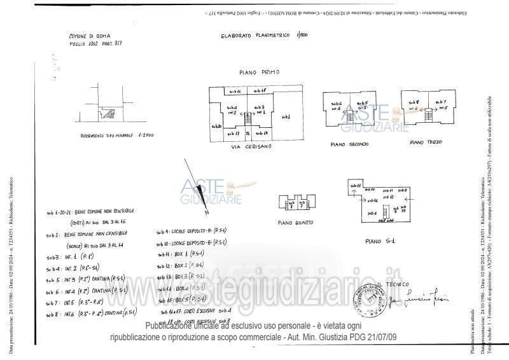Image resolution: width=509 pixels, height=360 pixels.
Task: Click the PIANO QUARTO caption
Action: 295,223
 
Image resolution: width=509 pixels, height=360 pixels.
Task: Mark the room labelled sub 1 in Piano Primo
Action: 286,118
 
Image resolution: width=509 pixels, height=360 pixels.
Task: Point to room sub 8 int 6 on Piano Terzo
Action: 414,105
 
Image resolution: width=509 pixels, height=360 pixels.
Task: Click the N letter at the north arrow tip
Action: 207,209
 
